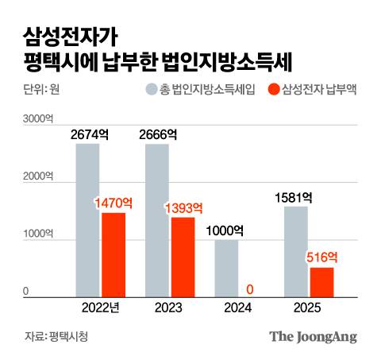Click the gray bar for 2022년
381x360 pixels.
[88, 221]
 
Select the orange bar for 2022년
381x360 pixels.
[113, 255]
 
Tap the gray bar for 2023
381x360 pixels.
[157, 221]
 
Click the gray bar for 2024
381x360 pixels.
[226, 269]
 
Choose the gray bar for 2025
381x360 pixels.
[296, 251]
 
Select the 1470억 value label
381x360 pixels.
[113, 203]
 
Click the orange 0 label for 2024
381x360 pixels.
[251, 289]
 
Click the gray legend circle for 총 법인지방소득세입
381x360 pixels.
[151, 89]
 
